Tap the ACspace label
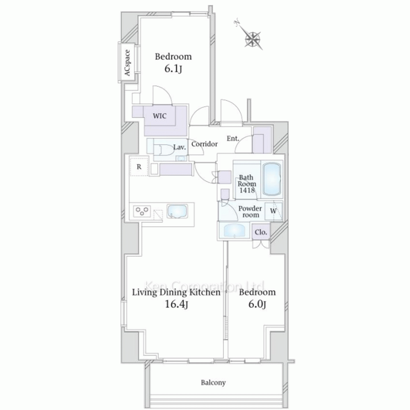click(127, 63)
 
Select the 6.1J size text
click(173, 69)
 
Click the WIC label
click(159, 116)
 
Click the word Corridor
click(205, 144)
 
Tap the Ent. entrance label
click(233, 139)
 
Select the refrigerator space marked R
click(139, 166)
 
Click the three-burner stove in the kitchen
click(142, 211)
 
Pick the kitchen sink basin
click(177, 211)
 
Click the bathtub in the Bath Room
click(272, 180)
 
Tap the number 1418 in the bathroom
click(247, 190)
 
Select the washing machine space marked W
click(273, 211)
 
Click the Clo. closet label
click(261, 232)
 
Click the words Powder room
click(250, 212)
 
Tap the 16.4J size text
click(176, 304)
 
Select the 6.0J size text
click(257, 304)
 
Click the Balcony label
click(213, 383)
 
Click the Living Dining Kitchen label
click(176, 292)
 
